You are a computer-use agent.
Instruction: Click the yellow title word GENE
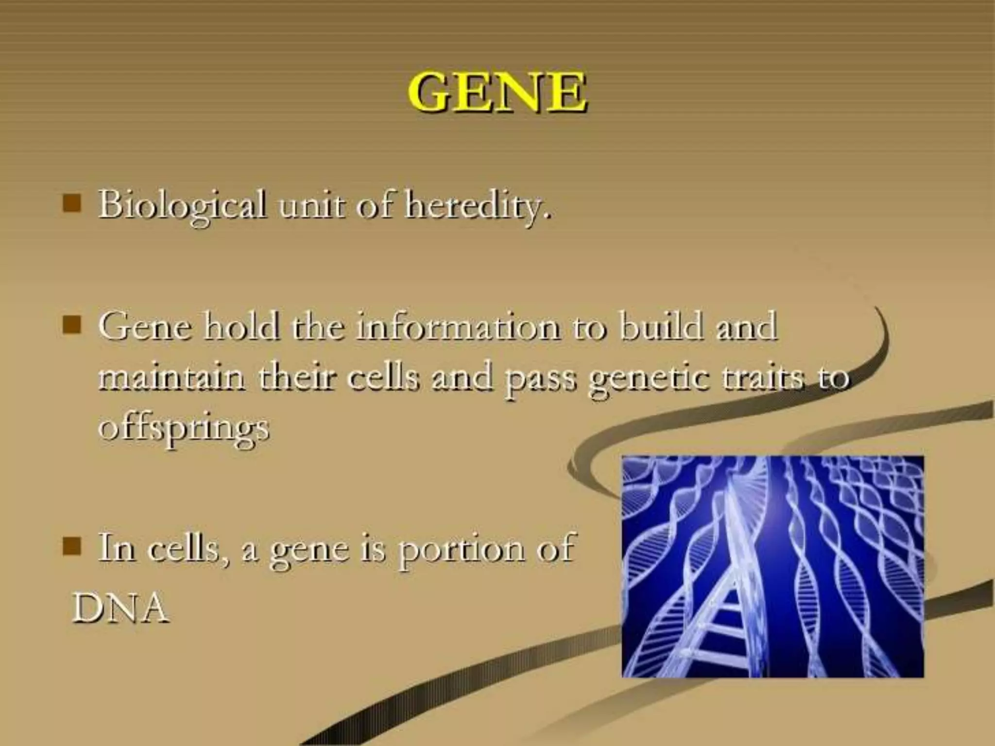click(497, 92)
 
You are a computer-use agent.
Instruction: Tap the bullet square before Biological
click(71, 204)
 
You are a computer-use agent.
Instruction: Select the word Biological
click(182, 205)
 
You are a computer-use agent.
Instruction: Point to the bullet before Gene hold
click(71, 324)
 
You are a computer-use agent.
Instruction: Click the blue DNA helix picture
click(772, 566)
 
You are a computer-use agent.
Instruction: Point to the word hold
click(241, 326)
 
